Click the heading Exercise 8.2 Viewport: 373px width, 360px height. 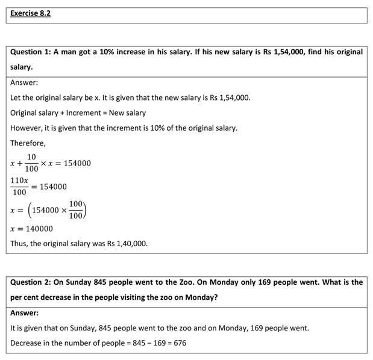(x=30, y=13)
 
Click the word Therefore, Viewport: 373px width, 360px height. (x=28, y=143)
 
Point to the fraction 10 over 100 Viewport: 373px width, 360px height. (x=31, y=163)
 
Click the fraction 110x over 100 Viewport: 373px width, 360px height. (x=19, y=186)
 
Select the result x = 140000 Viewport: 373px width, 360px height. (x=31, y=229)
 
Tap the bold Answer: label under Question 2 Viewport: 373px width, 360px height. (x=24, y=313)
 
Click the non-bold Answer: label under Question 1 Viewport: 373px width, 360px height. (x=24, y=82)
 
